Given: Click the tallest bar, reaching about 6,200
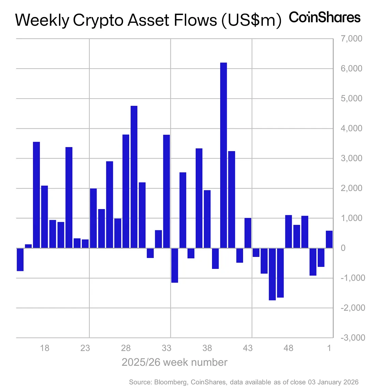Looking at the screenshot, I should tap(223, 155).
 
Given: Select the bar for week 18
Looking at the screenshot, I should tap(45, 217).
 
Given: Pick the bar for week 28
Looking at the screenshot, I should tap(126, 191).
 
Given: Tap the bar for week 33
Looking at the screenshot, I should tap(166, 191).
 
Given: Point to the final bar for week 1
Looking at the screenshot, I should tap(329, 239).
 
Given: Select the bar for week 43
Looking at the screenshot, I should tap(248, 233).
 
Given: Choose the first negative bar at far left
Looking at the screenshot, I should tap(20, 259).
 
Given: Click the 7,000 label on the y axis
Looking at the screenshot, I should tap(351, 39).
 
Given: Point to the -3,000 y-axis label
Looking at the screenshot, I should tap(351, 337).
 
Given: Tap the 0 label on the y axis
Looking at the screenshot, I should tap(343, 248).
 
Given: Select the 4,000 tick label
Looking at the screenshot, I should tap(351, 129).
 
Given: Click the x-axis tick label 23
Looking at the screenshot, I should tap(85, 348).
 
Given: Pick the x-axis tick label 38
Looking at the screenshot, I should tap(207, 348).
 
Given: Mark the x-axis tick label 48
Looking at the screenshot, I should tap(288, 348).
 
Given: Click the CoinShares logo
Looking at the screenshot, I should tap(325, 17).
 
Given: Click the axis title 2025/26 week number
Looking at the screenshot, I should tap(174, 362).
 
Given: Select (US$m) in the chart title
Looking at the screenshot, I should tap(251, 20).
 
